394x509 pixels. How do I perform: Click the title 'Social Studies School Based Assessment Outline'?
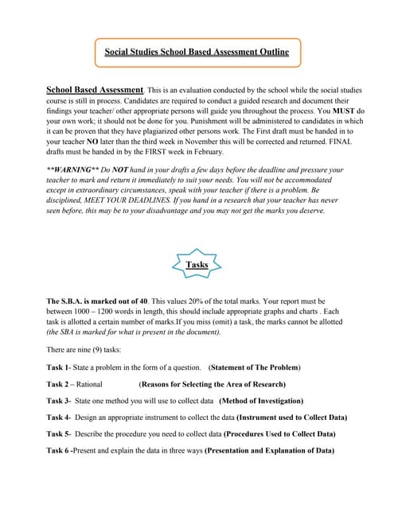pos(197,53)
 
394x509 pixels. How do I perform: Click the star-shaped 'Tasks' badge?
pos(196,263)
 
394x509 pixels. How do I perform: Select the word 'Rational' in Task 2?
pos(93,384)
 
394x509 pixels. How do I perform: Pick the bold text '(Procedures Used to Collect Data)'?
pos(279,434)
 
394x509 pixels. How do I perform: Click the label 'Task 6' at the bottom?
pos(59,451)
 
